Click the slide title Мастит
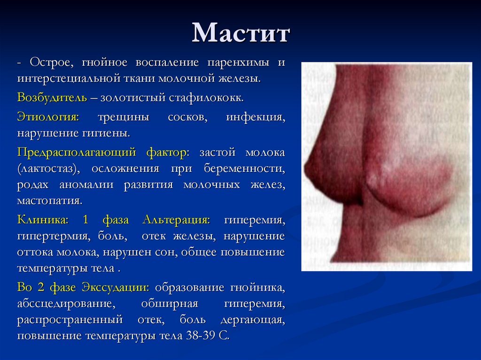(240, 34)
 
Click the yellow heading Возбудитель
(52, 98)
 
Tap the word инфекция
(255, 117)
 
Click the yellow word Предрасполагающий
(77, 153)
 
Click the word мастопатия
(50, 200)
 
